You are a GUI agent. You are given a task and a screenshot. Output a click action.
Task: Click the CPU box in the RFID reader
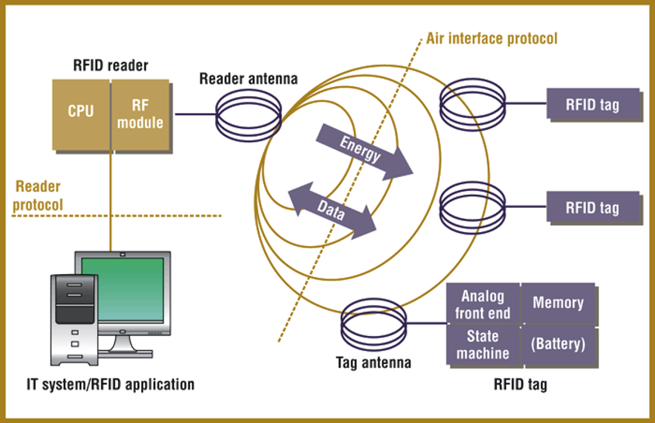click(x=81, y=112)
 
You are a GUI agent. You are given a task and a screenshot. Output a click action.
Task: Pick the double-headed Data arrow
click(x=332, y=207)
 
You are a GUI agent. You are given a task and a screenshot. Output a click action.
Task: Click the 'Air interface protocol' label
click(x=491, y=38)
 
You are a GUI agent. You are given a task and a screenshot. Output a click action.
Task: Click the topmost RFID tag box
click(x=593, y=104)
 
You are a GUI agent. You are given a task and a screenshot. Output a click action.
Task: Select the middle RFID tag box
click(x=593, y=207)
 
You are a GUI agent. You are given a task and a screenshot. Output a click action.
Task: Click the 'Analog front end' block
click(x=483, y=303)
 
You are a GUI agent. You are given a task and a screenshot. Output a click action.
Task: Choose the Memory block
click(x=557, y=302)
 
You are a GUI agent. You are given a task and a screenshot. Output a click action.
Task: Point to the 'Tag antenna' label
click(x=373, y=362)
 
